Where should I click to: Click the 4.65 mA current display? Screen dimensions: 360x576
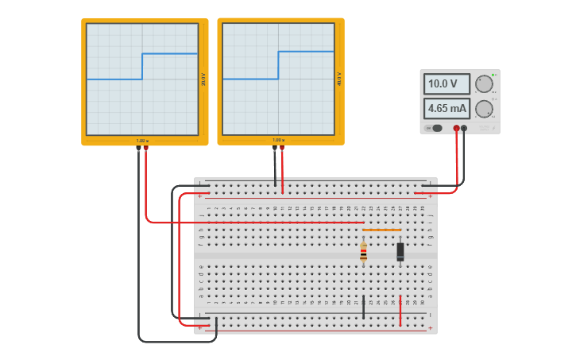coord(447,108)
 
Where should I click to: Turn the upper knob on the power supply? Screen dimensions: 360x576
coord(483,84)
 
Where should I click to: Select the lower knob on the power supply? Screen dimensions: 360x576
coord(483,109)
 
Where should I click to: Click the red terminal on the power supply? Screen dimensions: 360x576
coord(456,128)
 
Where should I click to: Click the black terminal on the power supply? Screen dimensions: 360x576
coord(465,128)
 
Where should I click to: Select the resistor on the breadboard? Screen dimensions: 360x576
coord(364,253)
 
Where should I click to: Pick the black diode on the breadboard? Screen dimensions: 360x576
coord(400,252)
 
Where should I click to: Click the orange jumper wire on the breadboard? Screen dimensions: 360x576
coord(381,230)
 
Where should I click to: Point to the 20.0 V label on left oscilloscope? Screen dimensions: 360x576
coord(203,79)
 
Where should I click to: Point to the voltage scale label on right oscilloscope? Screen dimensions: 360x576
coord(339,79)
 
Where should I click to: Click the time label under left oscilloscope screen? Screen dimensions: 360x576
coord(142,141)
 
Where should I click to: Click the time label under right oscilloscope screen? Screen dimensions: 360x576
coord(278,141)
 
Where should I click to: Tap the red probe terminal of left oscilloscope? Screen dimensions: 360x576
coord(146,148)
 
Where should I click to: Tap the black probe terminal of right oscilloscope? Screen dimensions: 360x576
coord(275,148)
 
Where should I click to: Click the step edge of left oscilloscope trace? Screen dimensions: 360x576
coord(142,67)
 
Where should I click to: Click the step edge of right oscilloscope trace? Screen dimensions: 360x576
coord(278,65)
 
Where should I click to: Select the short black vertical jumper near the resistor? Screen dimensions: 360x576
coord(364,307)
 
